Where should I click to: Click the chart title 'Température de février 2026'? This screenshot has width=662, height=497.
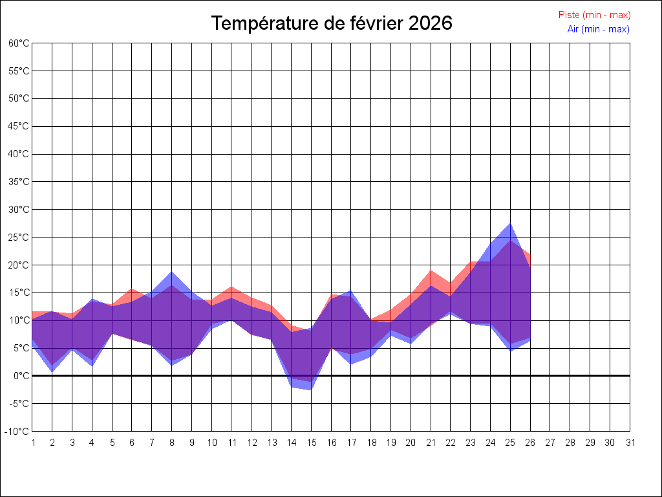pos(332,23)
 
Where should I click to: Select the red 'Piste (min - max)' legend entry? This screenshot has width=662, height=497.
pos(594,15)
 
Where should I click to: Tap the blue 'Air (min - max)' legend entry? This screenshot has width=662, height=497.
pos(598,29)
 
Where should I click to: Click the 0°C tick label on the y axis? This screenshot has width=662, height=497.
pos(22,376)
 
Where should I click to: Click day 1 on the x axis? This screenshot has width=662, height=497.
pos(32,443)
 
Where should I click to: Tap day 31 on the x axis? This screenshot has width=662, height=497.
pos(630,443)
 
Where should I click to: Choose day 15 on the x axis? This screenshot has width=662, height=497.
pos(311,443)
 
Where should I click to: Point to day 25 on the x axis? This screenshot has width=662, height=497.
pos(511,443)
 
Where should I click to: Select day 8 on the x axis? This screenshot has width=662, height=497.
pos(172,443)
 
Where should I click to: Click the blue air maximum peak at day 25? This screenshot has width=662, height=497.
pos(511,224)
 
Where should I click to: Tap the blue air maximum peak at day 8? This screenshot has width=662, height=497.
pos(172,272)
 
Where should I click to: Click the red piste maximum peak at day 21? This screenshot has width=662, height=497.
pos(431,271)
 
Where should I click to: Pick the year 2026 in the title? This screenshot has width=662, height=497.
pos(431,23)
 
